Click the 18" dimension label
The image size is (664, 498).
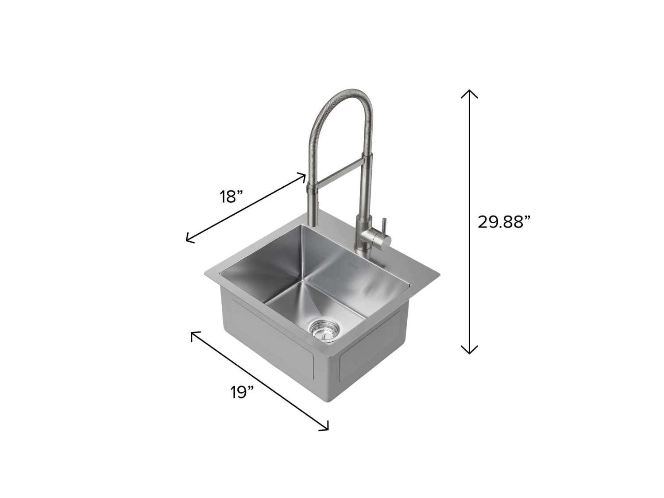tap(232, 197)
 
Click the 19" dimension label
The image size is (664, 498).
tap(242, 392)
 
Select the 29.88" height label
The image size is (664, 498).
tap(504, 222)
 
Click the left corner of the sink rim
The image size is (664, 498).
tap(205, 274)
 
